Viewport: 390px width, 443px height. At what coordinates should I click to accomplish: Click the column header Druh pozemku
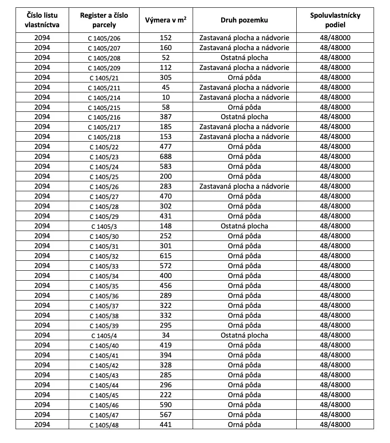click(244, 20)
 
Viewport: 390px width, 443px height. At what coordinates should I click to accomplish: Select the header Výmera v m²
click(166, 20)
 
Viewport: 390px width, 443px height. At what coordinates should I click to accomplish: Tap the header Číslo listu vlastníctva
click(42, 20)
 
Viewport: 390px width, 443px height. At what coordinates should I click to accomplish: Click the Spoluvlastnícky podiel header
click(335, 20)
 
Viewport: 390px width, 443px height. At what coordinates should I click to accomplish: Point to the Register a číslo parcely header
click(104, 20)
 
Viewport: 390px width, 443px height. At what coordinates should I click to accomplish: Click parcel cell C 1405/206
click(104, 38)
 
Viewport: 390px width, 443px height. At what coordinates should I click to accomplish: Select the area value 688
click(165, 156)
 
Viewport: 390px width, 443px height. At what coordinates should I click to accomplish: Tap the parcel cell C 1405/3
click(104, 226)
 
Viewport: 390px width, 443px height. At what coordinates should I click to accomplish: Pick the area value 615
click(165, 256)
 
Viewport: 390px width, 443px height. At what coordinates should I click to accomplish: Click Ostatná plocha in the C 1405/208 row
click(244, 57)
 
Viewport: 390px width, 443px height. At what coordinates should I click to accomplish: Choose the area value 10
click(165, 97)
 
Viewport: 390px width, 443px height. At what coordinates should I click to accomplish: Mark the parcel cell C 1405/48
click(104, 425)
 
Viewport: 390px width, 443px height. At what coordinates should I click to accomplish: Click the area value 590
click(165, 405)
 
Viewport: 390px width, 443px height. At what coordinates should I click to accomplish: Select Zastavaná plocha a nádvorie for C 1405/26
click(244, 186)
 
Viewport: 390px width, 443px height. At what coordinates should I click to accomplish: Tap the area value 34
click(165, 335)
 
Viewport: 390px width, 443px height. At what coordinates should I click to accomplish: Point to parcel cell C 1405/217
click(104, 127)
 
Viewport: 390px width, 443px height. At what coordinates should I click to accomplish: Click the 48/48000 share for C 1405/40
click(335, 345)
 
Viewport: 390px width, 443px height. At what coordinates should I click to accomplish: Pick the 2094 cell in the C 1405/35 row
click(42, 285)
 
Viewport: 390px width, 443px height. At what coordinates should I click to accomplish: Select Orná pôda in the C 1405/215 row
click(244, 107)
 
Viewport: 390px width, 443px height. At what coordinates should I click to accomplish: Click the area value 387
click(165, 117)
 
